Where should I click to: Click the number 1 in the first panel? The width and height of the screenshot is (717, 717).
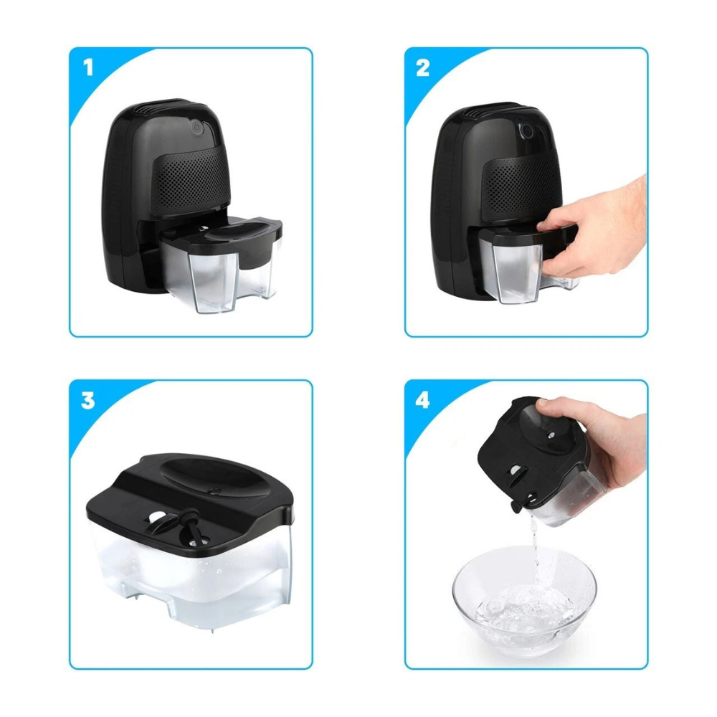[88, 68]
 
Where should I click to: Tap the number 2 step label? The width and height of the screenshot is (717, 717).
[423, 68]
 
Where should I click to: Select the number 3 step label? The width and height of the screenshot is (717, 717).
[87, 400]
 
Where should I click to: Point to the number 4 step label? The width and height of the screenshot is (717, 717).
[423, 400]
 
